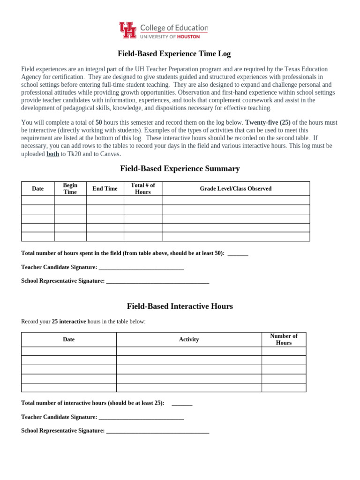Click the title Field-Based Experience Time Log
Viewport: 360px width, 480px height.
point(173,54)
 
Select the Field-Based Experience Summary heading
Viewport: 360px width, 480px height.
point(180,168)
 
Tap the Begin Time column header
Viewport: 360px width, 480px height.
point(70,188)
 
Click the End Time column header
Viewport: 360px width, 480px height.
point(105,188)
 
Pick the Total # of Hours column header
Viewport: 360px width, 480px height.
point(143,188)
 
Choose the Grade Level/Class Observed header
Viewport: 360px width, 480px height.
point(235,188)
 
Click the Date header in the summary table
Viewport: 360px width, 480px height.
point(37,188)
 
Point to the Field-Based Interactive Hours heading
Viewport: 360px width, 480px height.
point(180,306)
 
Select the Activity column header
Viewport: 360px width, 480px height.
point(189,339)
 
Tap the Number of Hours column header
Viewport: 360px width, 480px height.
point(284,339)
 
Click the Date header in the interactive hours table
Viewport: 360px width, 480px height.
point(68,339)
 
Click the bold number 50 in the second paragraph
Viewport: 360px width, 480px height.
point(99,123)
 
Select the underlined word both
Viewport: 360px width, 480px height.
point(52,154)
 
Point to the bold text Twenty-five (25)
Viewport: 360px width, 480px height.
point(265,123)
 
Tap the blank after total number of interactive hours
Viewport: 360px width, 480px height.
point(182,403)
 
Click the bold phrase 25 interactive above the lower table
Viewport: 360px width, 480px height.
point(69,322)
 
